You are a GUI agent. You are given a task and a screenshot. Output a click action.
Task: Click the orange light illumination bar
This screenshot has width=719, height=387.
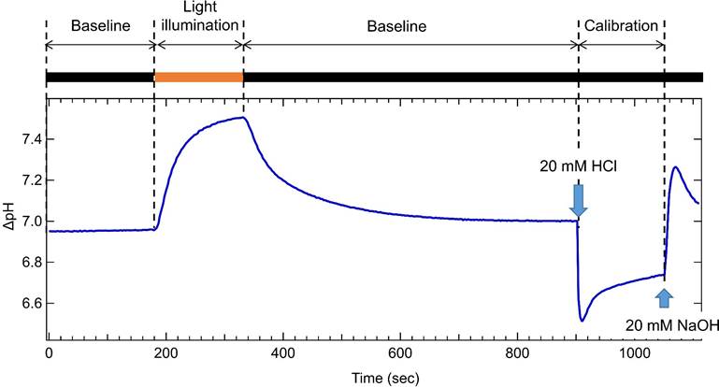point(198,77)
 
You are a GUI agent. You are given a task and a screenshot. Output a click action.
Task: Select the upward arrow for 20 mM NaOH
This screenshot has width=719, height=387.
point(664,297)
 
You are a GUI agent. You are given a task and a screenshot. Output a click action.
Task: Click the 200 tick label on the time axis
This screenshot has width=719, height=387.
point(165,355)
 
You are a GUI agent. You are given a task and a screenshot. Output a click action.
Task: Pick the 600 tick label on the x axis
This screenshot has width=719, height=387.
point(400,355)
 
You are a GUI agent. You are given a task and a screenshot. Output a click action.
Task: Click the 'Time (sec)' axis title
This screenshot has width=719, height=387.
point(371,378)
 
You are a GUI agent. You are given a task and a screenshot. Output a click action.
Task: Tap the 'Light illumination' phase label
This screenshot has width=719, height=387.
point(198,19)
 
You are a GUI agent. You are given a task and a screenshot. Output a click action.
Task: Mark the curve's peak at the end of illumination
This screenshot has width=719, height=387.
point(242,118)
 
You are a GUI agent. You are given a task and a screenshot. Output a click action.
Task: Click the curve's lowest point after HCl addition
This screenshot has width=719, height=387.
point(582,321)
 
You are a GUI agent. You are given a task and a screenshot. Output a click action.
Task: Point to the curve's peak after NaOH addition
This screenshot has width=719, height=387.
point(675,168)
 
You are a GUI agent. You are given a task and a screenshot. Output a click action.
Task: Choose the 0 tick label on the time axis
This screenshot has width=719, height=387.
point(48,355)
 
